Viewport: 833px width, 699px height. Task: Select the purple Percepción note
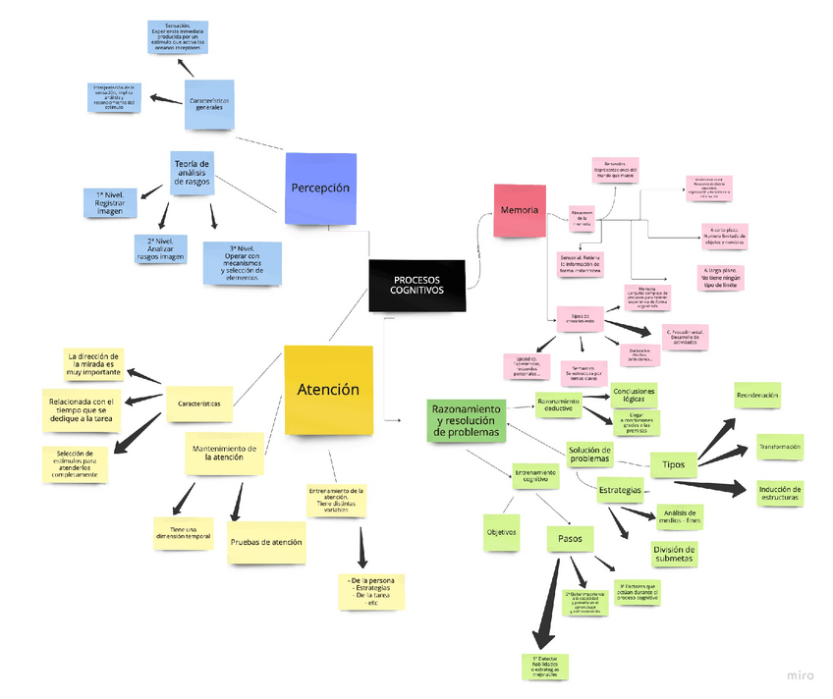point(320,187)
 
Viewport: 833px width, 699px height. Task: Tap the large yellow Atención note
point(328,390)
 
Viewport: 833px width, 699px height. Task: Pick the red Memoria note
point(519,211)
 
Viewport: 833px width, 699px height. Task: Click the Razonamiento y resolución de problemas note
point(467,420)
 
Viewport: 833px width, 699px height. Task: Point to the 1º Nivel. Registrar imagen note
point(110,203)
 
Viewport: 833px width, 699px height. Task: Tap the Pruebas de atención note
point(266,542)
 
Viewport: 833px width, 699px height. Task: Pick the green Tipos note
point(674,463)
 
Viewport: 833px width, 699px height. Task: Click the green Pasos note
point(570,539)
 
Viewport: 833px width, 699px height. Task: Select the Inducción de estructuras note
point(780,493)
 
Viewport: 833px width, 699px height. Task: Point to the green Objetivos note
point(501,532)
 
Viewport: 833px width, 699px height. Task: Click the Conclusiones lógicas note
point(634,395)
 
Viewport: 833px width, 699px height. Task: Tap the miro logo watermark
point(799,674)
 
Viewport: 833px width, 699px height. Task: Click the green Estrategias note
point(620,489)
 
